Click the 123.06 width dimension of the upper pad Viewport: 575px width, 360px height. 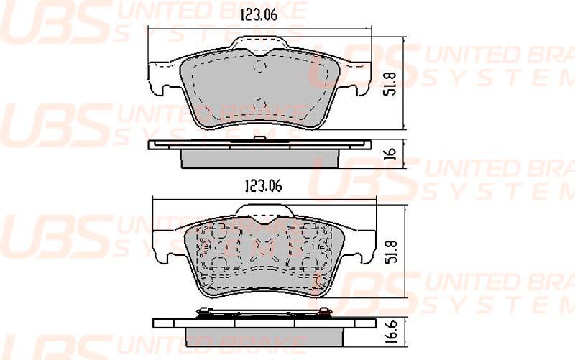(x=259, y=15)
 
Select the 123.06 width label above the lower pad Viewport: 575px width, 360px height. (x=263, y=186)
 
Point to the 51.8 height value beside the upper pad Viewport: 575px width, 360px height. (x=390, y=84)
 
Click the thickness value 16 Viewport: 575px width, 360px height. (x=391, y=153)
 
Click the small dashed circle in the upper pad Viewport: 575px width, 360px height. (x=259, y=68)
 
